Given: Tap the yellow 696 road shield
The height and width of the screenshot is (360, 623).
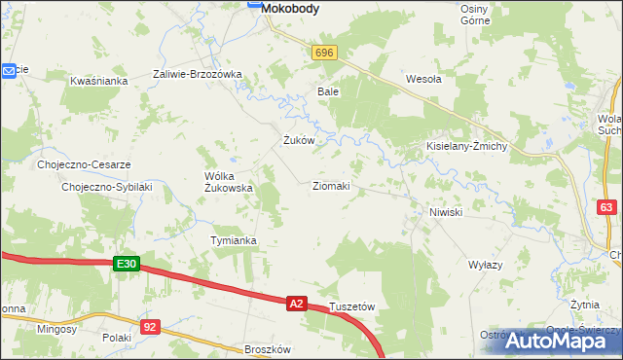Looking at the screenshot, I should click(324, 54).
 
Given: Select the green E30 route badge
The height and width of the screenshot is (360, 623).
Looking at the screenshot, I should click(128, 264).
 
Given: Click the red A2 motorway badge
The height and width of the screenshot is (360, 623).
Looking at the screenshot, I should click(297, 305).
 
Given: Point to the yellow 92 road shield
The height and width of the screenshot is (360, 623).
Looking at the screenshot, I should click(149, 327).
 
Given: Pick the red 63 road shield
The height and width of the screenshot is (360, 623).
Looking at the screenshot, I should click(607, 207).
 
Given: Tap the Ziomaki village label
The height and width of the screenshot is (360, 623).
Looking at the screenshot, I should click(331, 185).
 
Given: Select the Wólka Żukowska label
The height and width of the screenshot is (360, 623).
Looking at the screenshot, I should click(228, 182).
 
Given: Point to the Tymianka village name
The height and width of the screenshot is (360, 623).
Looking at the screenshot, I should click(234, 239).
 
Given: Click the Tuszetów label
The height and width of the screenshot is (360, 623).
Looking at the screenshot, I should click(352, 306).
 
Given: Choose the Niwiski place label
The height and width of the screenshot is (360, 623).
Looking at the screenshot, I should click(445, 211).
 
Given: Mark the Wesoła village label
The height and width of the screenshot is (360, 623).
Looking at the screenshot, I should click(423, 80).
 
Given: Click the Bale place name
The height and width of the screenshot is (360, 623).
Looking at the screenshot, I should click(327, 91).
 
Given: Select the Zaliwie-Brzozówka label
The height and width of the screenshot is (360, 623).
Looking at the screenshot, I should click(198, 74).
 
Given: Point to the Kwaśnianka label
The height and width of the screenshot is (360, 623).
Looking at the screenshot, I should click(99, 81).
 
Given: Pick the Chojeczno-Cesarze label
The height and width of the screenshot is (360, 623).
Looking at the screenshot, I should click(84, 164).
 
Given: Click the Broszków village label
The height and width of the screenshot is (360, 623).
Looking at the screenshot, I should click(268, 349).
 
